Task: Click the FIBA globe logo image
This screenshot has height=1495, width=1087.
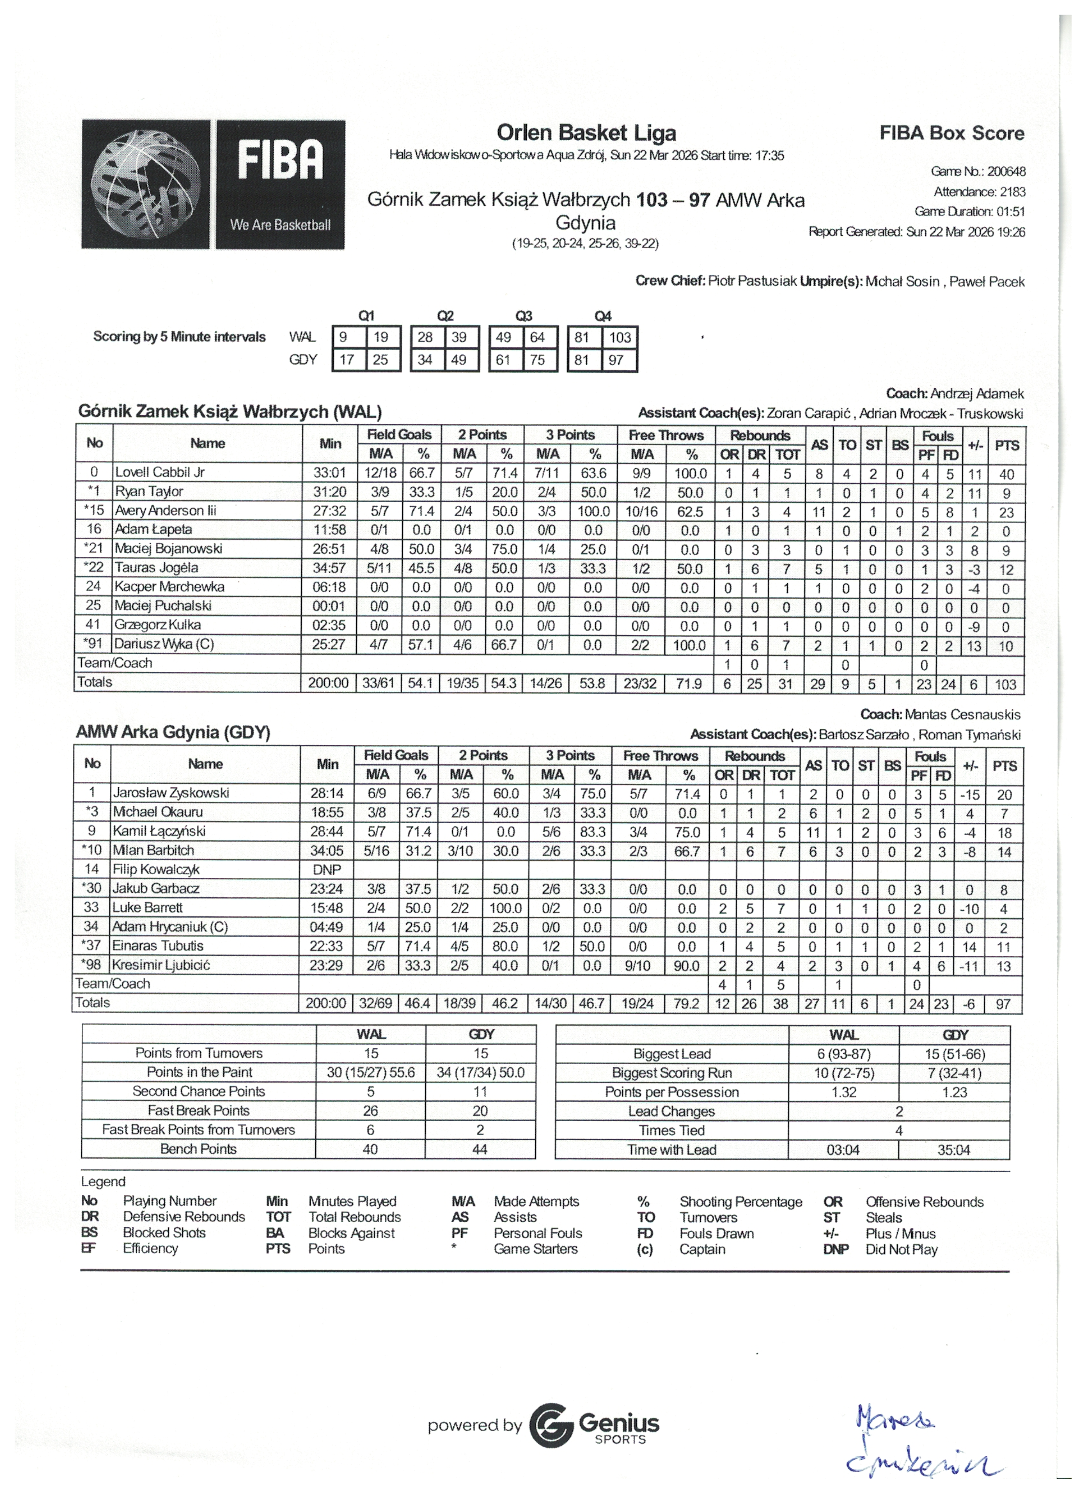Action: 146,184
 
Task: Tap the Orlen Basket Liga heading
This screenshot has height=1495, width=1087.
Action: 586,133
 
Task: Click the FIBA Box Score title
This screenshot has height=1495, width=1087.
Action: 951,133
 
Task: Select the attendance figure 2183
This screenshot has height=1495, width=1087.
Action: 1013,192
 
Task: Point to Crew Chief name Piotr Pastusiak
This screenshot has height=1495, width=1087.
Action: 752,281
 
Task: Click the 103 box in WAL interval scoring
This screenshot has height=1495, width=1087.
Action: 620,338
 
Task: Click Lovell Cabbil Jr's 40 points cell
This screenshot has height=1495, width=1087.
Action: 1006,474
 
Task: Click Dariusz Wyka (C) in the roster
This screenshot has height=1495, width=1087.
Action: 164,645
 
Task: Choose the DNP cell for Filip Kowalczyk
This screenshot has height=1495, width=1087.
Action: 327,870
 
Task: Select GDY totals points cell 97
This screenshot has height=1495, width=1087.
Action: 1003,1004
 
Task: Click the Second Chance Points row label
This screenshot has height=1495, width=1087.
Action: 198,1092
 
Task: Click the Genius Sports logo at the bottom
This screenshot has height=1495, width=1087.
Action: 594,1426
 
